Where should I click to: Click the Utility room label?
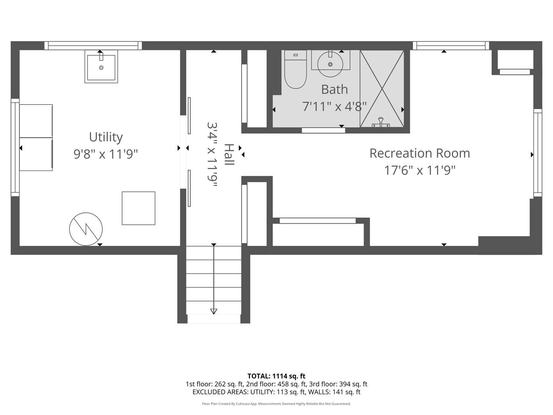[x=106, y=137]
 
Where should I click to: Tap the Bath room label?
[x=334, y=90]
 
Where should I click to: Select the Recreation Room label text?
[x=420, y=153]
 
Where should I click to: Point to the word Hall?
[x=229, y=154]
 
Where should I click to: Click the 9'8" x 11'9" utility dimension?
[x=106, y=154]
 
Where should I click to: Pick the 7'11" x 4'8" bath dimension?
[x=334, y=106]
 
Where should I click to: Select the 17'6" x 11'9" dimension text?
[x=420, y=170]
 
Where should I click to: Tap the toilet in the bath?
[x=296, y=69]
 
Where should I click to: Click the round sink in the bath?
[x=330, y=64]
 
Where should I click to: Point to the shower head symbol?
[x=381, y=122]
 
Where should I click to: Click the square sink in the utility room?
[x=101, y=66]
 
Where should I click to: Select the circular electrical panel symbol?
[x=86, y=229]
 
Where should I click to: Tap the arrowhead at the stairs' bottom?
[x=214, y=311]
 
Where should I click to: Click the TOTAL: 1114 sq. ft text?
[x=276, y=376]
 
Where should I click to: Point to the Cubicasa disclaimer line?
[x=276, y=403]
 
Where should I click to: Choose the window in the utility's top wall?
[x=93, y=46]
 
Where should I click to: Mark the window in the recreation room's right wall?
[x=538, y=153]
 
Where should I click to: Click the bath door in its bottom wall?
[x=323, y=131]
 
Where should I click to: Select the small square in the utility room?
[x=139, y=208]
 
